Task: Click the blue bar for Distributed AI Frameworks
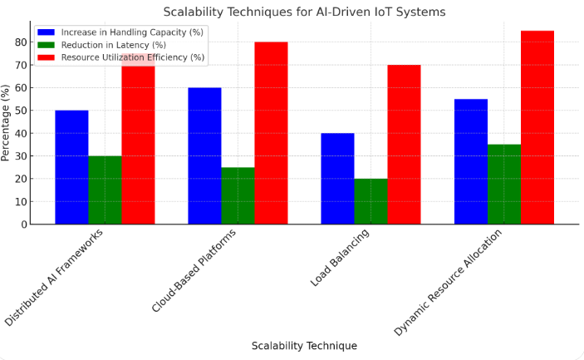71,167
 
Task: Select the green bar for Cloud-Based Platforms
238,195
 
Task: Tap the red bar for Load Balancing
404,145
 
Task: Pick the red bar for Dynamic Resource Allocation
537,127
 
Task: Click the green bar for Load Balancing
371,201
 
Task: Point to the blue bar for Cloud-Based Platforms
204,155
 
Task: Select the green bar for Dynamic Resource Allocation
503,185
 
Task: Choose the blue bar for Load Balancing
337,179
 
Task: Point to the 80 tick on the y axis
21,42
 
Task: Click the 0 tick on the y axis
24,224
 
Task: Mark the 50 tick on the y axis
21,111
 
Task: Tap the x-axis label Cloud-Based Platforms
194,271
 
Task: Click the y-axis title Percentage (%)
7,122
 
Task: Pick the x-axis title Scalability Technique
304,346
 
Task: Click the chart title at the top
304,12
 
